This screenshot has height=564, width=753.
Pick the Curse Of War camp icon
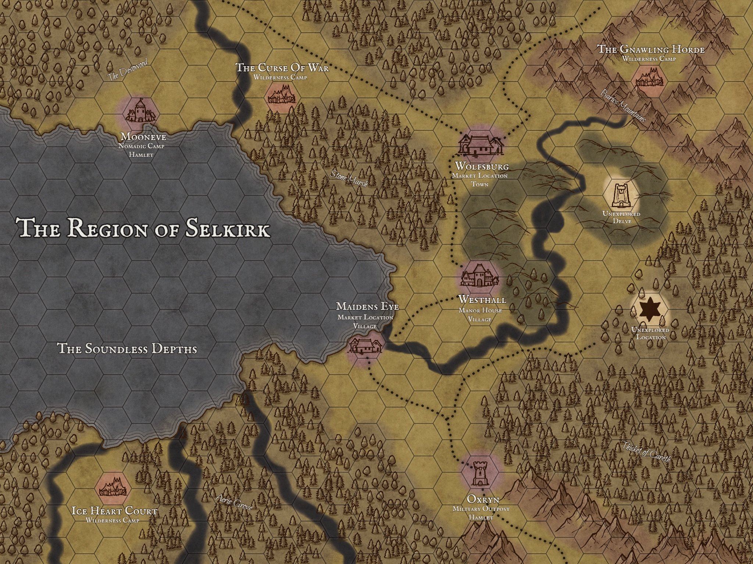[281, 94]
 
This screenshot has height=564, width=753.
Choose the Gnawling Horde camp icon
[649, 79]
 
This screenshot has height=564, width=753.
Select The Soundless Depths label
[128, 349]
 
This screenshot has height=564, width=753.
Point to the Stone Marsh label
[349, 179]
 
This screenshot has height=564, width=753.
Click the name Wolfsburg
[482, 167]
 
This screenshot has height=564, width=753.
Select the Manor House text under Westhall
[480, 311]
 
